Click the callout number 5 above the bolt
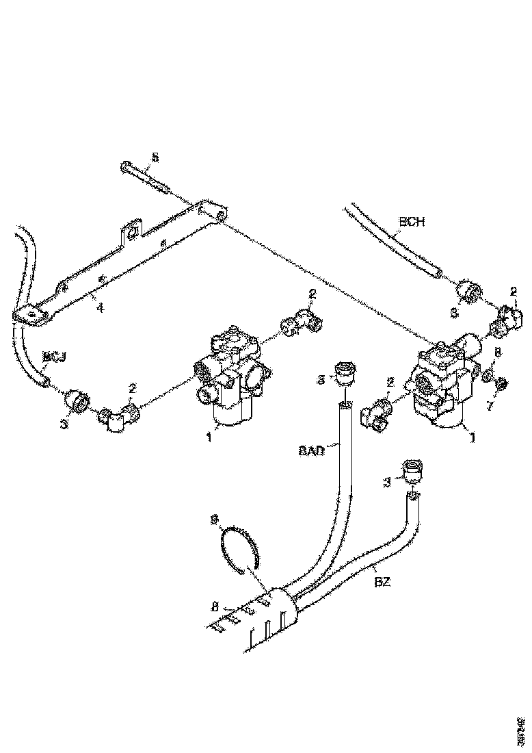coord(155,157)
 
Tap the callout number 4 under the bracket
coord(100,308)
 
